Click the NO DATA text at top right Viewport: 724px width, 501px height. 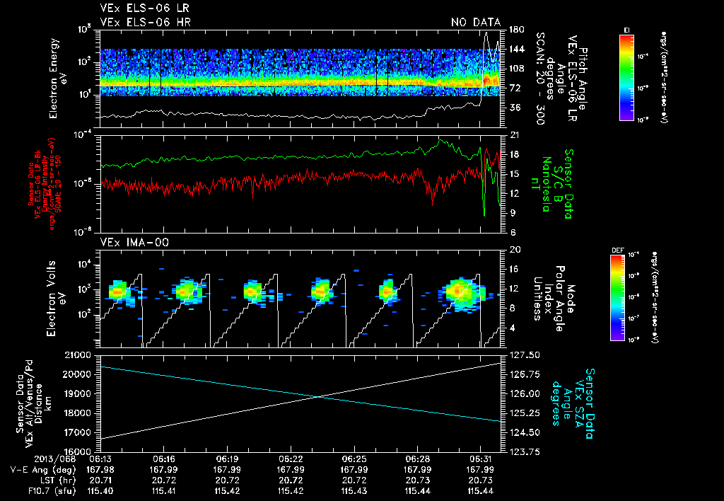tap(476, 22)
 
